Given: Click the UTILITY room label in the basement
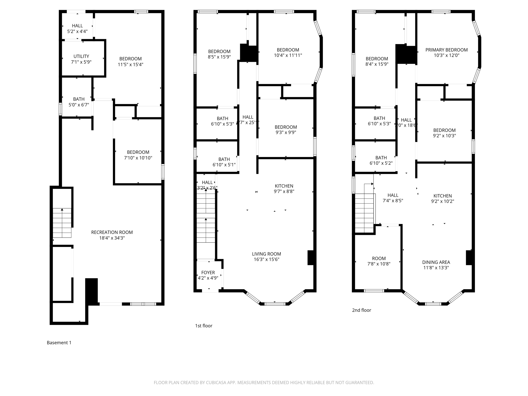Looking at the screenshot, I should coord(81,56).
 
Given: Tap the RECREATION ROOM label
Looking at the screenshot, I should coord(112,232).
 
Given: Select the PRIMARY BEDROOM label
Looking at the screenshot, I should coord(446,50).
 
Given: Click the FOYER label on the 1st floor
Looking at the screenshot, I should coord(208,273).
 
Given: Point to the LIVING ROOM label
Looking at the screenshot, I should coord(266,254).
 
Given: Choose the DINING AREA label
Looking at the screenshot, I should coord(436,262).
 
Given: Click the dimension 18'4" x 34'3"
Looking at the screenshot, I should coord(112,238).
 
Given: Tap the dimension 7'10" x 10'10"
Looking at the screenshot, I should coord(138,158).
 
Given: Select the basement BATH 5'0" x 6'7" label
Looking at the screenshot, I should coord(79,99).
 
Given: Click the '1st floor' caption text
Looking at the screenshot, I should coord(203,326).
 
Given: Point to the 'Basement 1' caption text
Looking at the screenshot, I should coord(59,343).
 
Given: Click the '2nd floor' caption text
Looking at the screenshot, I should coord(361,310).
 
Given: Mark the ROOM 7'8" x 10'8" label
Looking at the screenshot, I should coord(379,259).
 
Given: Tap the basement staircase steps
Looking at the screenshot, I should coord(62,223).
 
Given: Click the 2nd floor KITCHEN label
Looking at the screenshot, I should coord(442,196).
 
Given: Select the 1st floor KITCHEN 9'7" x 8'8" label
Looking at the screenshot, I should coord(284,186).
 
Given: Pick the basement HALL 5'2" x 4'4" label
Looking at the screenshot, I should coord(77,26).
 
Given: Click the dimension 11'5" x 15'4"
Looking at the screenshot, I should coord(130,64).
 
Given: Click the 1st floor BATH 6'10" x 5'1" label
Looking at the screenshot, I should coord(224,159).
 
